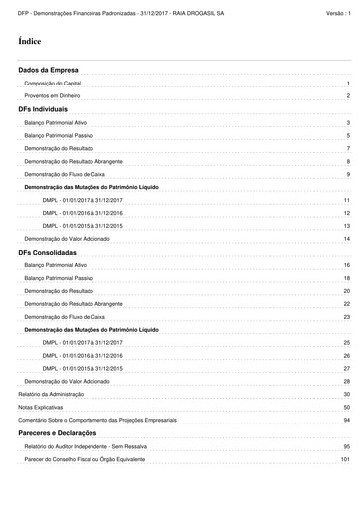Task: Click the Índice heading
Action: click(x=29, y=42)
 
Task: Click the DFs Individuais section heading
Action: click(x=43, y=108)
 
